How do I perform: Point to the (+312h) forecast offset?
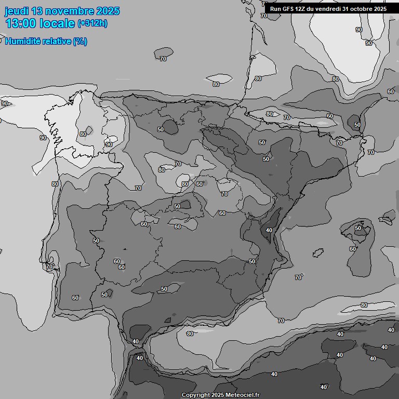(93, 23)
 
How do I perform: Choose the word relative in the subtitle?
(57, 42)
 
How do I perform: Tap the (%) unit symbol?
(80, 42)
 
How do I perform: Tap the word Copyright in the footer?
(195, 395)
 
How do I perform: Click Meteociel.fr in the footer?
(243, 395)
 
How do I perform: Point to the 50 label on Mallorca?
(358, 228)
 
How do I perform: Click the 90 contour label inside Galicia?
(109, 144)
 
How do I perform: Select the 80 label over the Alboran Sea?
(190, 334)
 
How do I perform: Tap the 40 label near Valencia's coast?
(269, 230)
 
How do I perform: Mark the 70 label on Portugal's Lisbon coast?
(49, 267)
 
